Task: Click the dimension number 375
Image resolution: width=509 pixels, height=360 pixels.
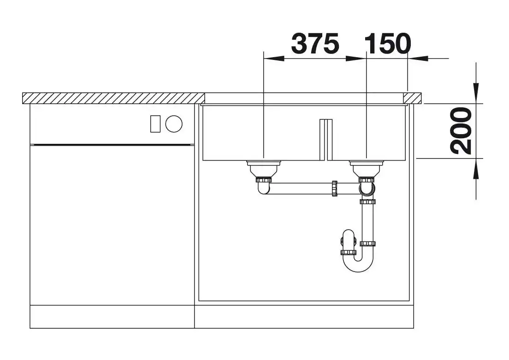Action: (x=315, y=43)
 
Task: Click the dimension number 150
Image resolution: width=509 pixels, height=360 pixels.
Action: (x=388, y=43)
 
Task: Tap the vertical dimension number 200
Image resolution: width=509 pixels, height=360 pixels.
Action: (x=461, y=130)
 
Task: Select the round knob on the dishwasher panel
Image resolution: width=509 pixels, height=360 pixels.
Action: (x=174, y=124)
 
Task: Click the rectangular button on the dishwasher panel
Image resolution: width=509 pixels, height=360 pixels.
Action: (x=155, y=124)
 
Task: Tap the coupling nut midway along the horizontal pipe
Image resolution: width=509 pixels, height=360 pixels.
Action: (x=334, y=188)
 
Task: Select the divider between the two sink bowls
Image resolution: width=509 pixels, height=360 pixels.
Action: (x=326, y=140)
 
